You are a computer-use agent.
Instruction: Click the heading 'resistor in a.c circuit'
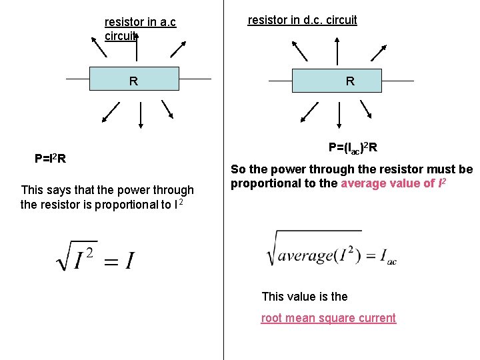(x=140, y=28)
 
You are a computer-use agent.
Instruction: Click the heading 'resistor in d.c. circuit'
(x=302, y=20)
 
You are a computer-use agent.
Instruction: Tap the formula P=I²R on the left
(x=50, y=159)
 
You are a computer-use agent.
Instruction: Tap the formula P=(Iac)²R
(x=353, y=147)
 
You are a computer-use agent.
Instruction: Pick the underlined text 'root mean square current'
(x=328, y=318)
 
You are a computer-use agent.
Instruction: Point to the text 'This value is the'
(x=305, y=297)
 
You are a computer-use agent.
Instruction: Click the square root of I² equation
(x=95, y=256)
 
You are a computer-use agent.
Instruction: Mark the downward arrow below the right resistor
(x=341, y=115)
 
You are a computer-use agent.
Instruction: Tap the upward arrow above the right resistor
(x=339, y=51)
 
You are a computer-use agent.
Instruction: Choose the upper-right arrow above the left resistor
(x=178, y=48)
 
